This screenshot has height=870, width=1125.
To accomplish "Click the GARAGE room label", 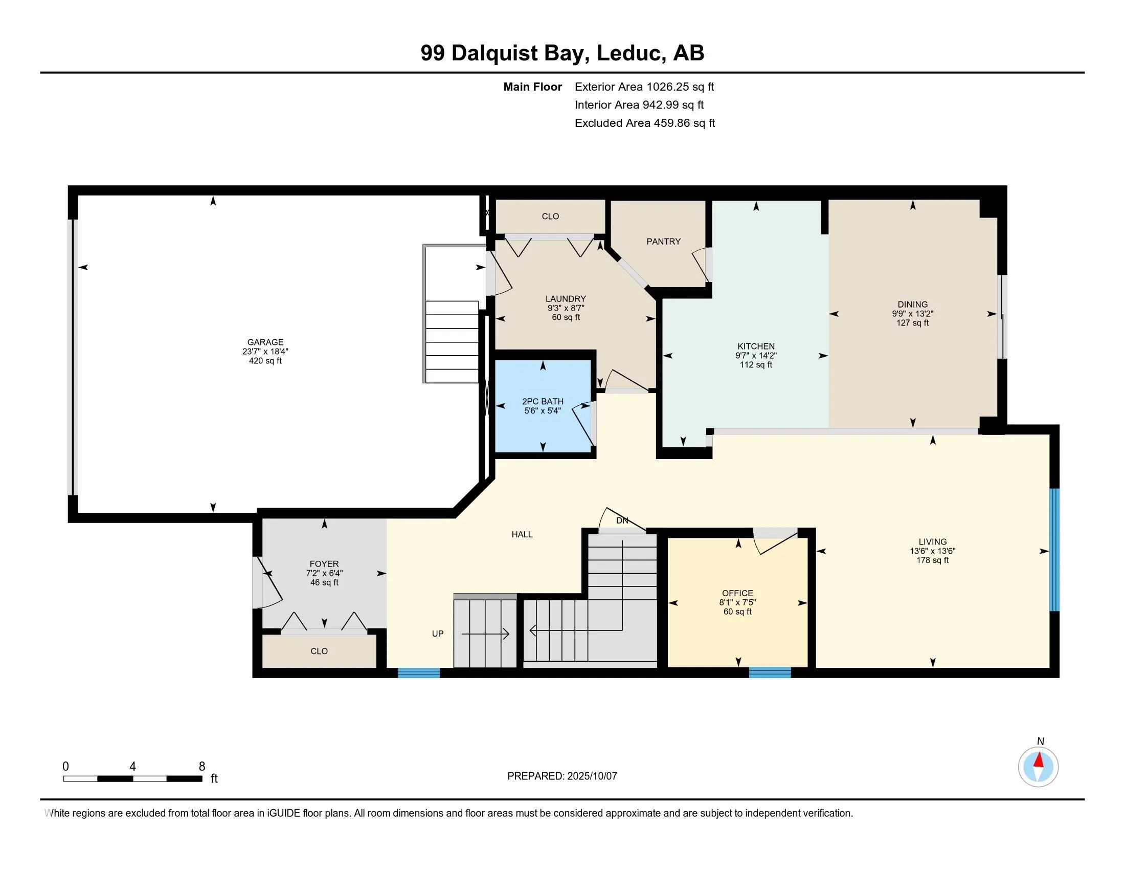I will click(x=265, y=342).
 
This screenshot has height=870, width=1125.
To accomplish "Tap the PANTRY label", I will click(x=663, y=241).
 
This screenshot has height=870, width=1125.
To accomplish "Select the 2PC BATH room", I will click(x=543, y=406).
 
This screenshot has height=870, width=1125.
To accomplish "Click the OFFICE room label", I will click(x=737, y=593).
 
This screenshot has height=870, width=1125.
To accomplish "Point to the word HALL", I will click(x=522, y=534).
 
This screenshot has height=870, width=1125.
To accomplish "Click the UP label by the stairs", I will click(x=437, y=634).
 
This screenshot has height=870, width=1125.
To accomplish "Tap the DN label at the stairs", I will click(x=622, y=520).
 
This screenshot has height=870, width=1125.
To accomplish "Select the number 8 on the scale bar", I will click(x=202, y=767).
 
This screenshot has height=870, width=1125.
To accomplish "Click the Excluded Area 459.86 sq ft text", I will click(x=644, y=123).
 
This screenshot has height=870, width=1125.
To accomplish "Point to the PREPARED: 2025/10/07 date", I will click(x=562, y=776).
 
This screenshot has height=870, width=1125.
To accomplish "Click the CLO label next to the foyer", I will click(x=319, y=651).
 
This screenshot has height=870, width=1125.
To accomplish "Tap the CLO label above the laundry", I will click(x=550, y=216).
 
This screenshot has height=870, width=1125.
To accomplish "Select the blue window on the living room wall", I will click(x=1054, y=550).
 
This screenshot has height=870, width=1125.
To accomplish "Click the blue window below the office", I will click(x=770, y=672).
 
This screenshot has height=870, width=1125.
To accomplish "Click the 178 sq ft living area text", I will click(x=932, y=560).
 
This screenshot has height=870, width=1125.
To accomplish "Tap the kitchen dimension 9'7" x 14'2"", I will click(x=756, y=356).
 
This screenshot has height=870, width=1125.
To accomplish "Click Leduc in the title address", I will click(x=628, y=53).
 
